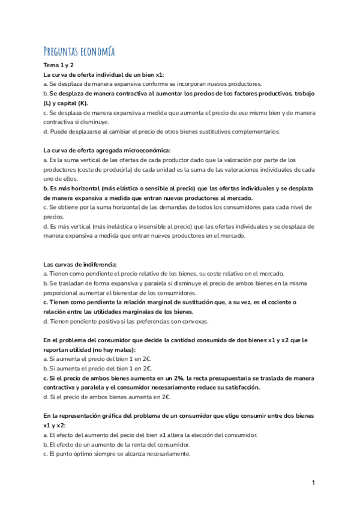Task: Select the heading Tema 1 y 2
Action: tap(58, 65)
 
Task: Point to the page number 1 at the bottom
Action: tap(313, 483)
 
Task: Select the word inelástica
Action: tap(113, 226)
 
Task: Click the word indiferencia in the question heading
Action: tap(97, 264)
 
